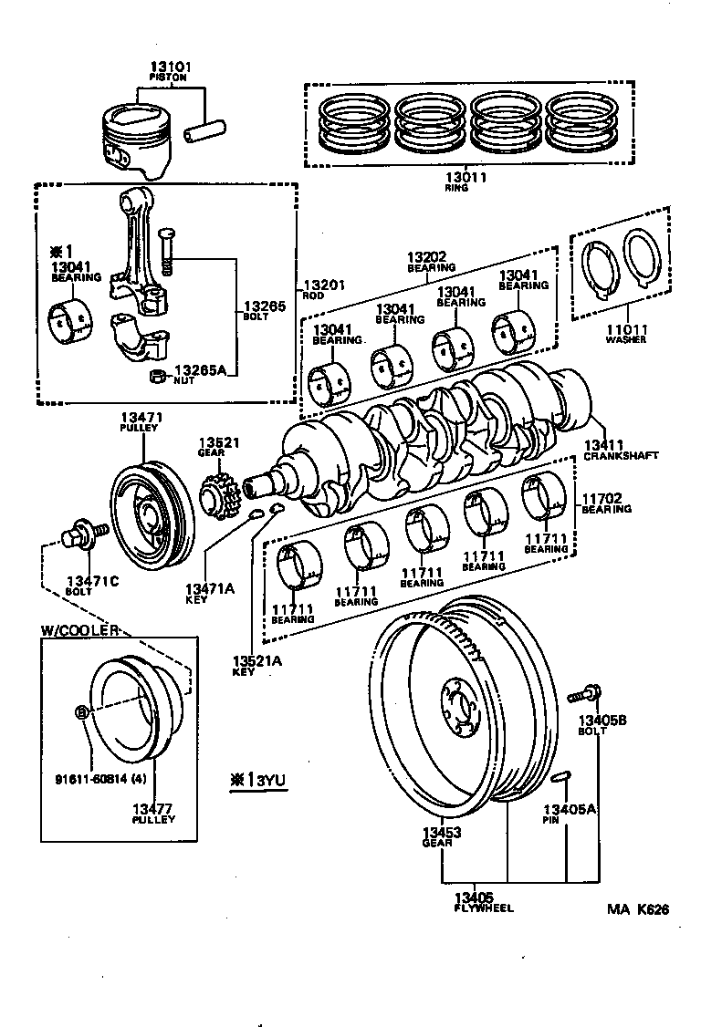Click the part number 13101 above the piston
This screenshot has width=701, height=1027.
coord(171,67)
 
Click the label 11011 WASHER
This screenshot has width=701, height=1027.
coord(625,333)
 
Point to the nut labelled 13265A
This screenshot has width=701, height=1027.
coord(156,376)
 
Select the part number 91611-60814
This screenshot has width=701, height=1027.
coord(88,779)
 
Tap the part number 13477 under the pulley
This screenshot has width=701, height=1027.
coord(152,809)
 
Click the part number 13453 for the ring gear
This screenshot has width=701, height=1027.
coord(442,833)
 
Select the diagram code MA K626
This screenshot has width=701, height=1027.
coord(638,909)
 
